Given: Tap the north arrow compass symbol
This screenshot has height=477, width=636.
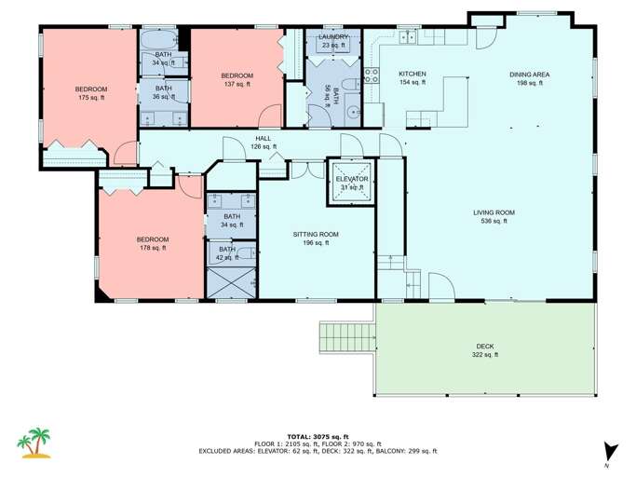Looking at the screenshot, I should coord(608,449).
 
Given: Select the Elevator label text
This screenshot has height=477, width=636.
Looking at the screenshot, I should coord(352,183).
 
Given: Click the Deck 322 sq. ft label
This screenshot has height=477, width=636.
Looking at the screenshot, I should coord(485,350).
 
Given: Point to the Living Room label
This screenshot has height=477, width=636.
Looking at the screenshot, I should coord(494,217).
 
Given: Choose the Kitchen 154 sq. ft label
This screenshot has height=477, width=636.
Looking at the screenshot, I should coord(412,78).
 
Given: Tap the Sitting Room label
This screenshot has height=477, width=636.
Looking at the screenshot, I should coord(316,238).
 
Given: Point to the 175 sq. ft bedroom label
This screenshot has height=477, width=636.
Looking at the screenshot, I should coord(92,93).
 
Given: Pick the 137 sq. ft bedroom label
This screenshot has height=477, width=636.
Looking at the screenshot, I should coord(237,78).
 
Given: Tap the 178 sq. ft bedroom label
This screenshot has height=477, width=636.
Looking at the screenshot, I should coord(152,243).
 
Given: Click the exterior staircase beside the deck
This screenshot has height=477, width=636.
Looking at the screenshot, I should coord(346,345).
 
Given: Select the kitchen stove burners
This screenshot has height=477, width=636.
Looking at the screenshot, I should coord(371,76).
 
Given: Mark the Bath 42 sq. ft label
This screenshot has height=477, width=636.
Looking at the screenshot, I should coord(227,252).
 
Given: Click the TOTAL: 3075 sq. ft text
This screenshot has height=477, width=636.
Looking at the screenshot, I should coord(317,436).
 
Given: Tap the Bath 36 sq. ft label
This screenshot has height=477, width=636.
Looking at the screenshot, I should coord(163,93).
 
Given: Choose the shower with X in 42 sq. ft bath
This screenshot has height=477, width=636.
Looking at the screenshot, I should coord(231,282).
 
